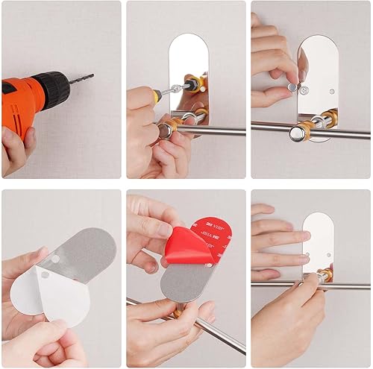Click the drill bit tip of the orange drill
[92, 75]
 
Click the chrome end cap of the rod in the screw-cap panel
[302, 133]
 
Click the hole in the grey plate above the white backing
[55, 259]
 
